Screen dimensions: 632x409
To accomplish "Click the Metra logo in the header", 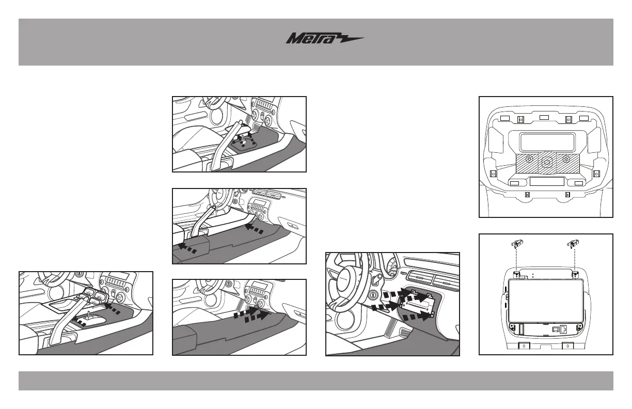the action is [325, 38].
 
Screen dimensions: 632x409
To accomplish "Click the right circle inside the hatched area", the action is [566, 160].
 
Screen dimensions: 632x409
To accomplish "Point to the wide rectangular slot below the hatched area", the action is [546, 182].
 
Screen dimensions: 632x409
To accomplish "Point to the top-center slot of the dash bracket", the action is [544, 118].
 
